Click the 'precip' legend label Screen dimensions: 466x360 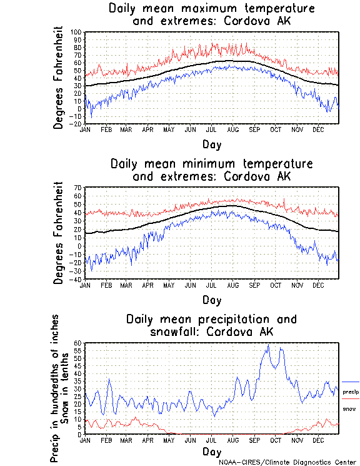[351, 392]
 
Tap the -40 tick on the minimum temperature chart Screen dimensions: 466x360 [77, 279]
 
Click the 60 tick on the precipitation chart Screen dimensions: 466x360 [79, 343]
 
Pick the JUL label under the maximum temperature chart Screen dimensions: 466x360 [212, 129]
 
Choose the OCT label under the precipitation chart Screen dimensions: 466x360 [276, 440]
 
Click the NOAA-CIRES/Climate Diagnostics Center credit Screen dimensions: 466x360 [287, 462]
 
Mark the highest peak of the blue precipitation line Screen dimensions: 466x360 [268, 345]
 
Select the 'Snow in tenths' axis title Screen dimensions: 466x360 [65, 388]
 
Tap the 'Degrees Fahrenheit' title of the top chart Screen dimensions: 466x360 [59, 78]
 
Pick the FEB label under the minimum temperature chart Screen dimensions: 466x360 [106, 285]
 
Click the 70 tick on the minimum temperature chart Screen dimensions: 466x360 [79, 188]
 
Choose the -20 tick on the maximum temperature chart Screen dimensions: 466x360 [77, 124]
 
